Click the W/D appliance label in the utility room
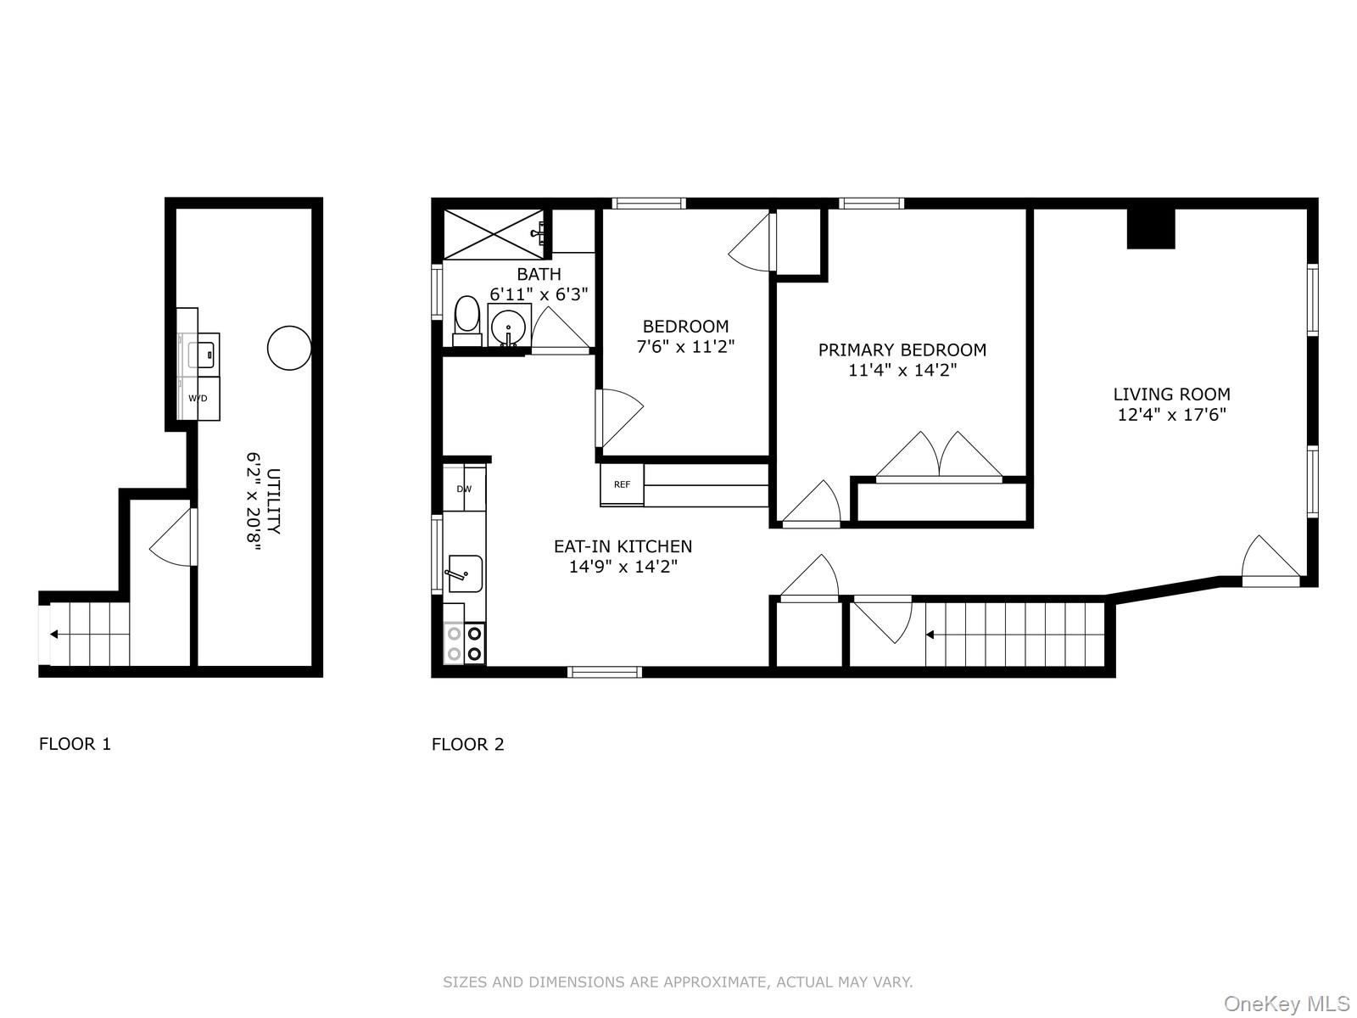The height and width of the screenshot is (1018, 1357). coord(198,398)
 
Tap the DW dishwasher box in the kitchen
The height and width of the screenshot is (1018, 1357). coord(464,489)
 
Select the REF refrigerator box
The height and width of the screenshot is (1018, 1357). coord(623,484)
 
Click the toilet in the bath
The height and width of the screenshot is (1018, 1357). coord(466,319)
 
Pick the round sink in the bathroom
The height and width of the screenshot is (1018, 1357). coord(509,325)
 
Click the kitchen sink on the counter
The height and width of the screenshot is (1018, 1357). coord(465,573)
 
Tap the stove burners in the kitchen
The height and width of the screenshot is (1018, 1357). coord(465,642)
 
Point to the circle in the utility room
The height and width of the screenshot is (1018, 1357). coord(289,348)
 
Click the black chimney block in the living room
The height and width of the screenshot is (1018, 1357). coord(1151,228)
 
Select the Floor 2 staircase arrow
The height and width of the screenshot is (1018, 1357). coord(930,634)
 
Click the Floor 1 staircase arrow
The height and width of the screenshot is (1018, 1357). coord(54,634)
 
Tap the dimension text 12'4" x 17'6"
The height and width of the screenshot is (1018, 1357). coord(1171,415)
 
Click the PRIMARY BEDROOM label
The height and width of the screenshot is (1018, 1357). coord(902,350)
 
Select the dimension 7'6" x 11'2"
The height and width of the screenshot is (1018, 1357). coord(685,346)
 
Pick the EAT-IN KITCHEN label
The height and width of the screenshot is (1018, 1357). coord(623,546)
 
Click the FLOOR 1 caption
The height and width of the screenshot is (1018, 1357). coord(75,744)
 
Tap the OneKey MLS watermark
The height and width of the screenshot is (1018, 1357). coord(1285,1004)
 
